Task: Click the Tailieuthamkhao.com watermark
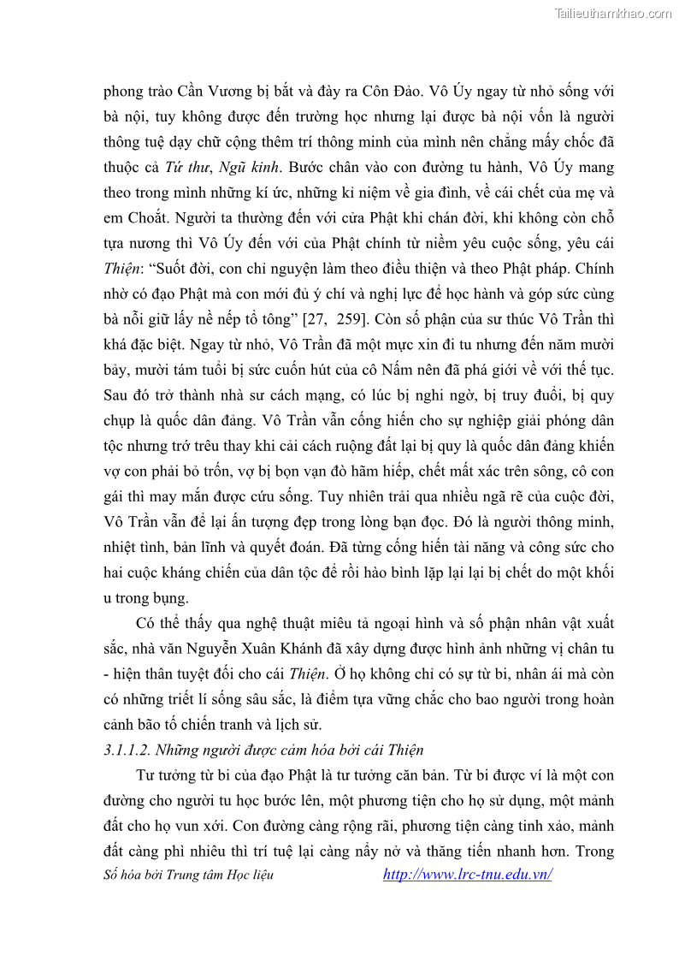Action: click(x=612, y=13)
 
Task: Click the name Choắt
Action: click(x=146, y=217)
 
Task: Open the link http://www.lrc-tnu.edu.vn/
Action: click(x=467, y=874)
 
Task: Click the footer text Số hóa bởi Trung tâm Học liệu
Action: click(x=188, y=875)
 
